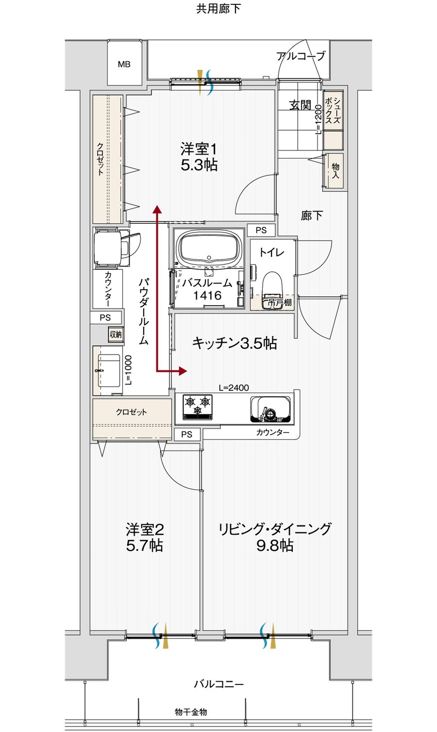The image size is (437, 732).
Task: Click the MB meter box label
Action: pos(124,65)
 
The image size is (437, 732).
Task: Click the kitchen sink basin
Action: pos(270,410)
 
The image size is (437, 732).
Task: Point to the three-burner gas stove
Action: pos(197,407)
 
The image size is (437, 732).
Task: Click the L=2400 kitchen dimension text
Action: pos(234,387)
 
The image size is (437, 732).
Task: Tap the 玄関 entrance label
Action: pos(300,105)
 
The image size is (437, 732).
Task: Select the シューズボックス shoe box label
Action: pos(333,111)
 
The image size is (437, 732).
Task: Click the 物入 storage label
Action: pos(336,170)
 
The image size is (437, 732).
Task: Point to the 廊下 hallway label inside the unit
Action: pos(312,216)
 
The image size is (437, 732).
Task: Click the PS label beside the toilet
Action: pos(261,230)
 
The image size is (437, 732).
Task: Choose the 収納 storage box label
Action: pos(116,334)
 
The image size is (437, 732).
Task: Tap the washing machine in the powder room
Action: pos(111,248)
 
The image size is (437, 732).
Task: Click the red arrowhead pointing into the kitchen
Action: pos(183,370)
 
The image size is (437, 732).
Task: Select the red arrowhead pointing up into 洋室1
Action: pos(157,209)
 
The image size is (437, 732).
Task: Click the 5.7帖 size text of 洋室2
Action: pos(145,546)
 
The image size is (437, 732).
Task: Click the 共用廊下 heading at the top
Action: pos(218,9)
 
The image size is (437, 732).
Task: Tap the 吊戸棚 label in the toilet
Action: pos(279,302)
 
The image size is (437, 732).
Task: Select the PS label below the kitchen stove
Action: pos(186,434)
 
